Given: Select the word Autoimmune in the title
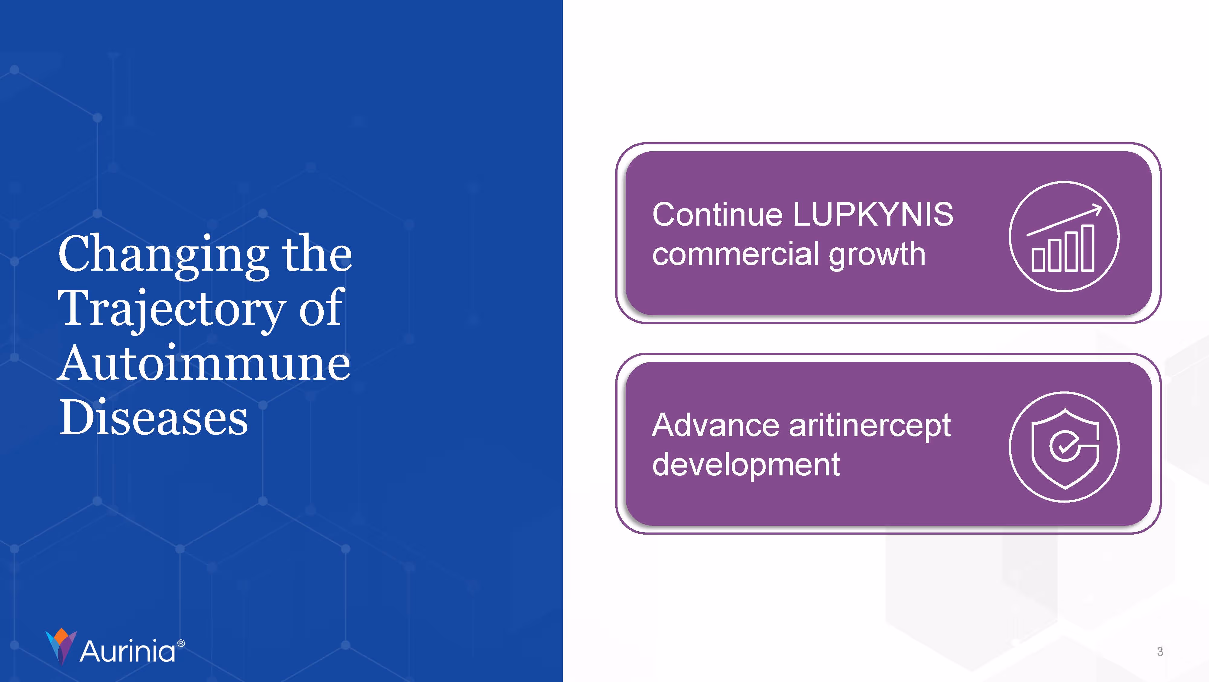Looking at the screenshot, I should [204, 364].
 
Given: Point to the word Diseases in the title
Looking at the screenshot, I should [153, 417].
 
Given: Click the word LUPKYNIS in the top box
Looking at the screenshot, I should [873, 214].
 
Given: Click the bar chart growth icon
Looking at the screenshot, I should [1064, 237].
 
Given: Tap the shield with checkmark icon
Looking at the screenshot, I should [1064, 447].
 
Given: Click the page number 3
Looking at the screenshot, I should [1160, 651].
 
